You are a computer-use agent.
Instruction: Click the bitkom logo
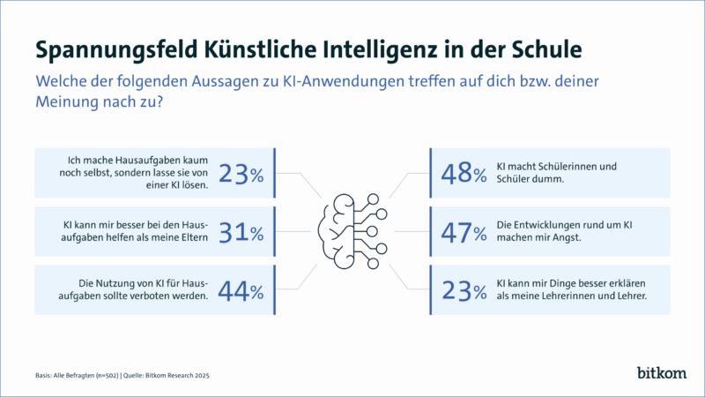659,372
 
